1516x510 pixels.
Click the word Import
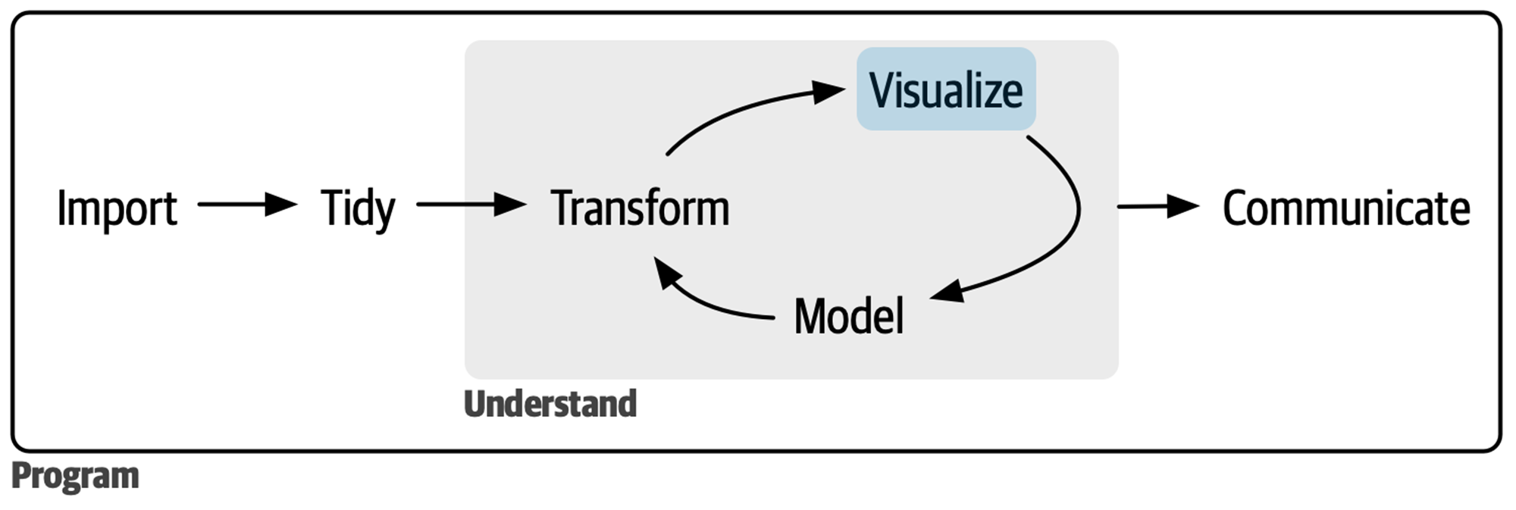(117, 208)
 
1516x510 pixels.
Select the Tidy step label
(357, 208)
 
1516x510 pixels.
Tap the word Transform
(640, 208)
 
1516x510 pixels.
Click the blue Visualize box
(945, 89)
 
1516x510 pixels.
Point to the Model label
(848, 316)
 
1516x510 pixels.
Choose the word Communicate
(1345, 208)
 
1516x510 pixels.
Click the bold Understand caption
(550, 404)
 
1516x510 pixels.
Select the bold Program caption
(75, 476)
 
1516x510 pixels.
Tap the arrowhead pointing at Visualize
(828, 92)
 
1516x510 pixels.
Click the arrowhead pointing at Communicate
(1183, 205)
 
